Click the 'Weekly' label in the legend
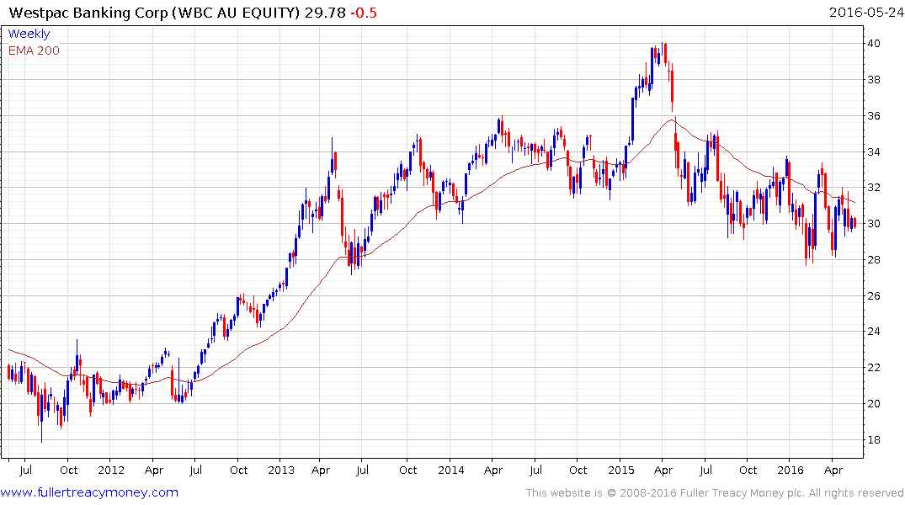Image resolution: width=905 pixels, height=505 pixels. [x=29, y=34]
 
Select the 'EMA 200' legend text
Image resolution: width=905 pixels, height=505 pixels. [x=34, y=50]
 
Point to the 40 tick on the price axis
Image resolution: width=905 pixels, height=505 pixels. [x=876, y=44]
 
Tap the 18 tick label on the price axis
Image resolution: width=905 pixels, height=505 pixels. [x=876, y=440]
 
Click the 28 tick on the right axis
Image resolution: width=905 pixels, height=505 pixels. [x=876, y=260]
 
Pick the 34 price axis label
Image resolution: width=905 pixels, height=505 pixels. [x=876, y=152]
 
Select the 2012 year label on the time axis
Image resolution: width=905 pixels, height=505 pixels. [x=111, y=470]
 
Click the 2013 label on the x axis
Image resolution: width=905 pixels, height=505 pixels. [x=280, y=470]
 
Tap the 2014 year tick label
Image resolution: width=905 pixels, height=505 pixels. [x=450, y=470]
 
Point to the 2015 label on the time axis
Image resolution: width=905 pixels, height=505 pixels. [x=620, y=470]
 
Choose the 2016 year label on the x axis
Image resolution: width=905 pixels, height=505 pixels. [x=790, y=470]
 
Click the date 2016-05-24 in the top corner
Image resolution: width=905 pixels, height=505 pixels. [x=864, y=11]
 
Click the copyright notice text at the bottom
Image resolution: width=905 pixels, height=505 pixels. [x=714, y=493]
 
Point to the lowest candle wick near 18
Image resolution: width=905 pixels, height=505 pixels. [x=41, y=433]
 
